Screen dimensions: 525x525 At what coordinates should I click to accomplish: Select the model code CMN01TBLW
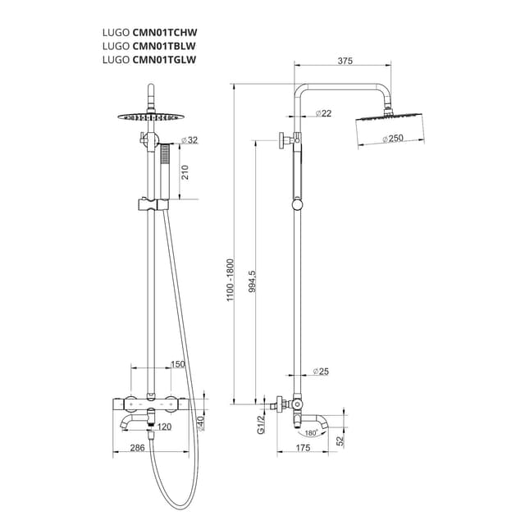point(164,46)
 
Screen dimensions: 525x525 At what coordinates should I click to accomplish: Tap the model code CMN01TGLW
point(164,59)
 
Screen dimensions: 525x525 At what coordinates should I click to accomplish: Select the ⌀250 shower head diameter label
point(395,138)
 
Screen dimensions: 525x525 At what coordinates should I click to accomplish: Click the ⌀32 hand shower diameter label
point(189,140)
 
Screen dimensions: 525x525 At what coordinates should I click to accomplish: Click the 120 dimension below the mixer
point(164,427)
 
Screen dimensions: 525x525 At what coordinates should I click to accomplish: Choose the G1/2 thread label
point(261,424)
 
